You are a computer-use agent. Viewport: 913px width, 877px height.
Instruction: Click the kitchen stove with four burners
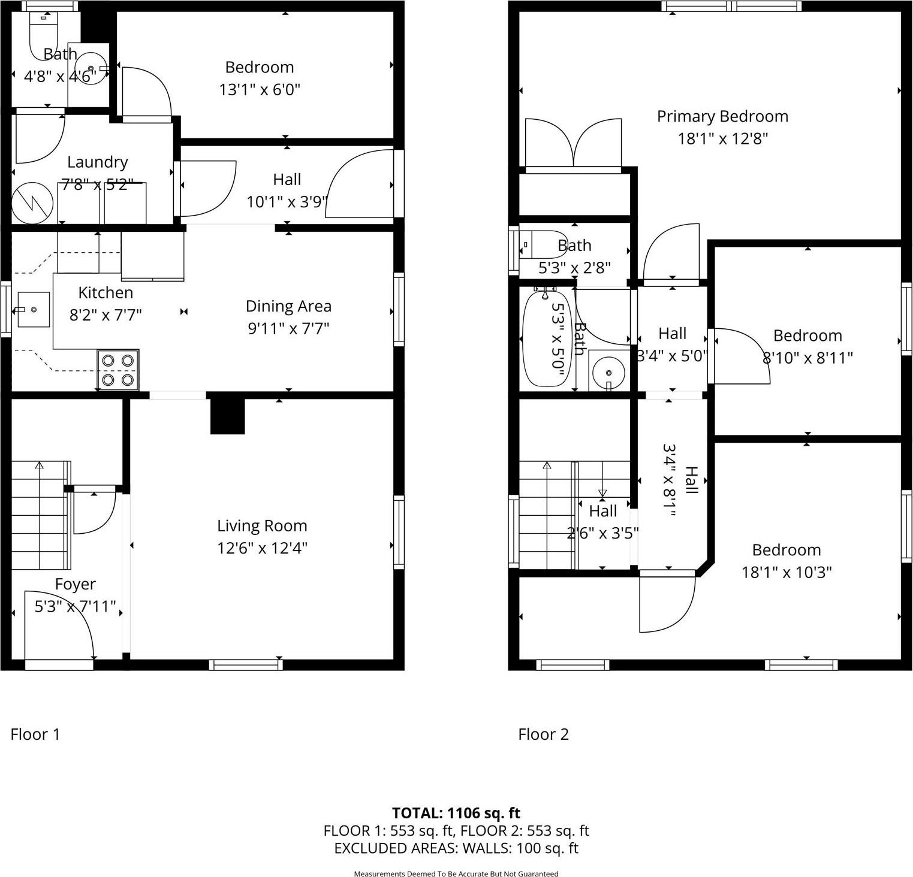tap(118, 370)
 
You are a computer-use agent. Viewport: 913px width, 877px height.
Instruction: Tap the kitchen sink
tap(34, 309)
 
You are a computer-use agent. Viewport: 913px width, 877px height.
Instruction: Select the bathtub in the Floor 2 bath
tap(546, 338)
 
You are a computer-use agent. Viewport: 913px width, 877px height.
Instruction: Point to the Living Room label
tap(262, 526)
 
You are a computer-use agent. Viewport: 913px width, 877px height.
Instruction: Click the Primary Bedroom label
tap(722, 116)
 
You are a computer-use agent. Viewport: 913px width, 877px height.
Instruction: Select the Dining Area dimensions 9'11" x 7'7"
tap(288, 328)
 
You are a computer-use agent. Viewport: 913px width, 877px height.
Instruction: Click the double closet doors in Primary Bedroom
tap(573, 144)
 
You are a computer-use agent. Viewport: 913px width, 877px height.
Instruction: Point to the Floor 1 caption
tap(35, 734)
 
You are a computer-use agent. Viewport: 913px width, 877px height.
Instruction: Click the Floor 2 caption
tap(543, 734)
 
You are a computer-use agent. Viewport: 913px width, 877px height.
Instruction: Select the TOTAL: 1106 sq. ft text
tap(456, 813)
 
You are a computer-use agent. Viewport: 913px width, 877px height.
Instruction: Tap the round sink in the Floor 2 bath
tap(608, 372)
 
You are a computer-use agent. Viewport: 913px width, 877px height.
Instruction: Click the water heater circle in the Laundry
tap(32, 203)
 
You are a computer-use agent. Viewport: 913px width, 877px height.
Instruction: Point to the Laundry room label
tap(97, 162)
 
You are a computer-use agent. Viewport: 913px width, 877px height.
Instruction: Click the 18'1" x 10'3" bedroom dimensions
tap(787, 572)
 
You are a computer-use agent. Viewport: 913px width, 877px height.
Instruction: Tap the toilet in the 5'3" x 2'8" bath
tap(543, 244)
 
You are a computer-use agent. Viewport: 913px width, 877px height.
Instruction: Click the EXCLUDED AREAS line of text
tap(456, 848)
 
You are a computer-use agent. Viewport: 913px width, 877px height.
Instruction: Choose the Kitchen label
tap(106, 293)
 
